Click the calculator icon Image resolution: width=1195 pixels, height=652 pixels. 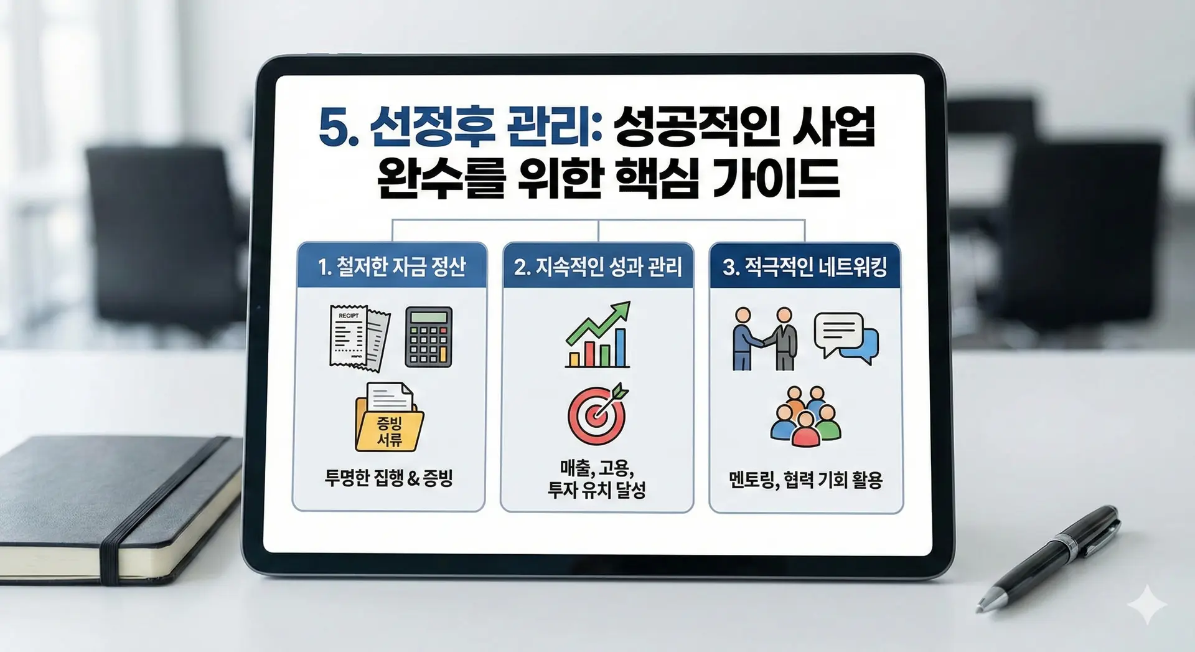pos(428,336)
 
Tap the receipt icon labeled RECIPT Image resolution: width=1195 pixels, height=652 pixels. pos(359,338)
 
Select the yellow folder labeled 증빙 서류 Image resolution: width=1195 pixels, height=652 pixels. pos(389,417)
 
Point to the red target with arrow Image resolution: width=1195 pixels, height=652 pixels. pos(597,413)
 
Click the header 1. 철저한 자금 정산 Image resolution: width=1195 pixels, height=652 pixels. pos(391,267)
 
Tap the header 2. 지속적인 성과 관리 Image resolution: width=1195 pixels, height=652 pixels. pos(597,267)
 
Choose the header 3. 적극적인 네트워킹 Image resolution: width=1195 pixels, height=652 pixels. pos(805,267)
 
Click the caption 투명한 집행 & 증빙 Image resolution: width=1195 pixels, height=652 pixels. pos(388,478)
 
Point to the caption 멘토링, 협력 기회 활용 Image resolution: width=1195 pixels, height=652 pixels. pos(805,480)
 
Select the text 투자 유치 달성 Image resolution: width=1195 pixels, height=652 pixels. pos(596,489)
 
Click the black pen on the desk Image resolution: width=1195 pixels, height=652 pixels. pos(1048,559)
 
